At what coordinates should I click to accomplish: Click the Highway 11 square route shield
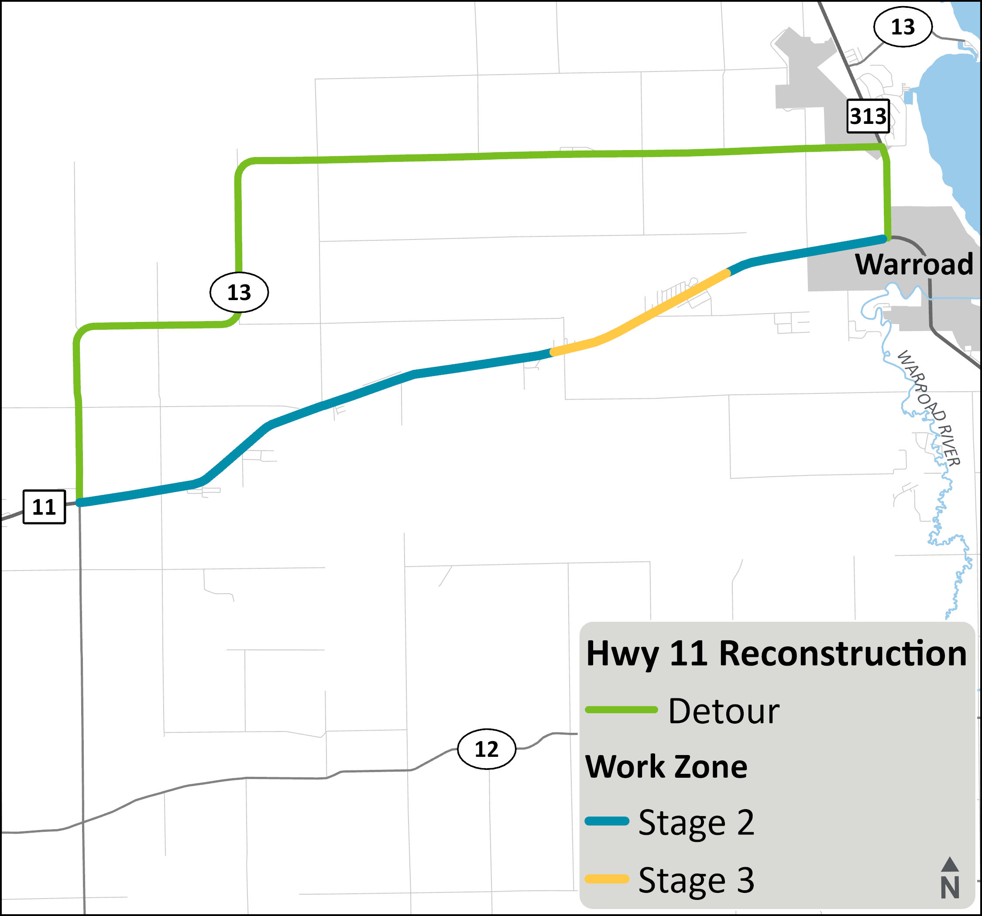pos(44,507)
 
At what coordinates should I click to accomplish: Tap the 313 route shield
pos(868,116)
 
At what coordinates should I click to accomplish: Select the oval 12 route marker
pos(487,749)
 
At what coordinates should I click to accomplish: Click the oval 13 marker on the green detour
pos(239,292)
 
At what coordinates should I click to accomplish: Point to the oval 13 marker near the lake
pos(903,27)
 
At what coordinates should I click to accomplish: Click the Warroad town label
pos(914,264)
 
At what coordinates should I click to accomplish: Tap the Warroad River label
pos(928,407)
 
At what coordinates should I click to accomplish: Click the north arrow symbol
pos(949,865)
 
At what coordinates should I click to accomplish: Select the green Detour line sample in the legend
pos(621,710)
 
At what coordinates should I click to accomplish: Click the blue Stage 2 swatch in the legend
pos(607,821)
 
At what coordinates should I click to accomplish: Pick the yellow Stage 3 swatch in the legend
pos(607,878)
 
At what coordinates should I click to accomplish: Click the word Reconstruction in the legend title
pos(842,653)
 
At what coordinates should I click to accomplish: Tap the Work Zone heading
pos(666,766)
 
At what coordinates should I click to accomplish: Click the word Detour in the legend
pos(724,711)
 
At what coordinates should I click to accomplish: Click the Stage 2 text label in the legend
pos(696,823)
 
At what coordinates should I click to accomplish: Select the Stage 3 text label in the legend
pos(696,880)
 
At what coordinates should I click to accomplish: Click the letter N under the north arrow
pos(950,887)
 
